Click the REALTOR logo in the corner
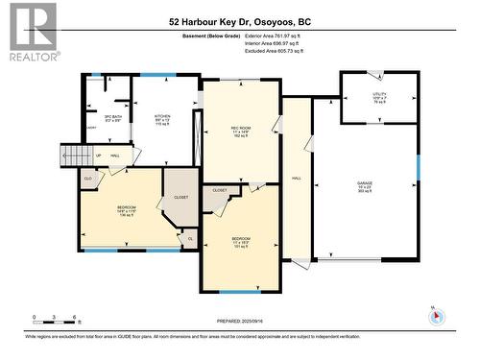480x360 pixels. [32, 32]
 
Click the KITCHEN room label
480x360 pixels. [163, 120]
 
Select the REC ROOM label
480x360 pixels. [240, 132]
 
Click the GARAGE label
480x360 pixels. [365, 185]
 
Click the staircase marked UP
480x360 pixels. [76, 155]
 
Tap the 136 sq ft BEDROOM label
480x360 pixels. [127, 210]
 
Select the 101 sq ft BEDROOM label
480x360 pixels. [240, 241]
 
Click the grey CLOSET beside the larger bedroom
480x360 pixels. [180, 197]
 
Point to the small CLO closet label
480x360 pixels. [89, 179]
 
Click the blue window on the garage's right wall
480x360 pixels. [418, 166]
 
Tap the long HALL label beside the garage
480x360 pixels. [297, 179]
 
